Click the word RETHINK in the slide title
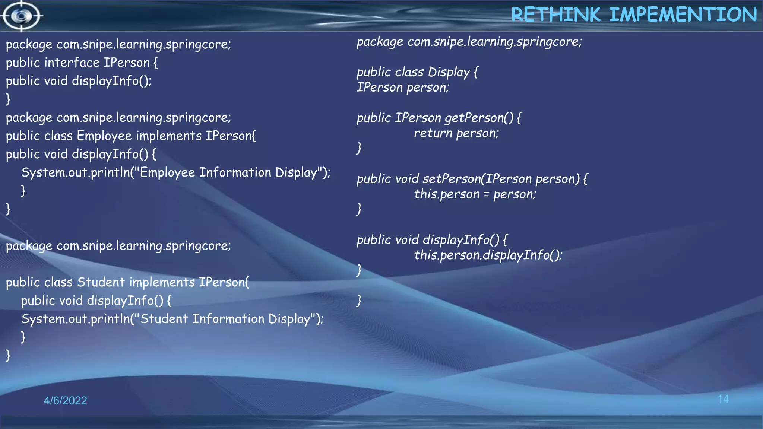coord(555,15)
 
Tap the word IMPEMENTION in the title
coord(683,15)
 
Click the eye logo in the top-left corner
coord(21,16)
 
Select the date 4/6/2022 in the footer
coord(65,400)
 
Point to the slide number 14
coord(723,399)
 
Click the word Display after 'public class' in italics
coord(449,72)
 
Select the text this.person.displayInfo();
coord(488,255)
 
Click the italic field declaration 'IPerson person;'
coord(403,88)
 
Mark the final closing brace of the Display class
coord(359,300)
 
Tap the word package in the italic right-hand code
coord(380,42)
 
